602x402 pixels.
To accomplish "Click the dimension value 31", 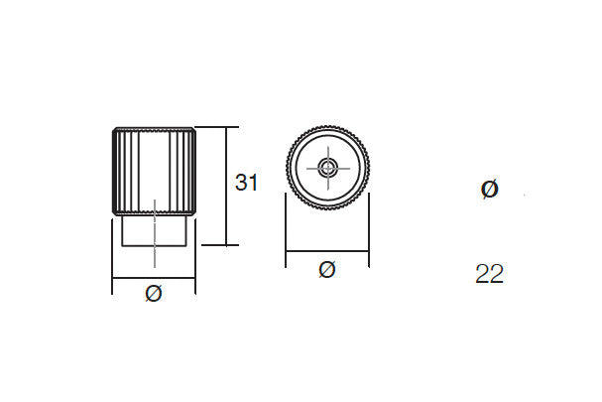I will click(x=246, y=183).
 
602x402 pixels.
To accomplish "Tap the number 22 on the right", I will click(x=489, y=275).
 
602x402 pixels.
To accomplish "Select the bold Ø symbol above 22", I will click(x=489, y=189).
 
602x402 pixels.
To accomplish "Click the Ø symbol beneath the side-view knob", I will click(x=153, y=293).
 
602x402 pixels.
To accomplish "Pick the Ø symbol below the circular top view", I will click(x=327, y=268).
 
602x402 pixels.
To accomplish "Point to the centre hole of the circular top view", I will click(x=327, y=167).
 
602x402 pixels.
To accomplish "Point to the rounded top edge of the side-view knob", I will click(x=153, y=129).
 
